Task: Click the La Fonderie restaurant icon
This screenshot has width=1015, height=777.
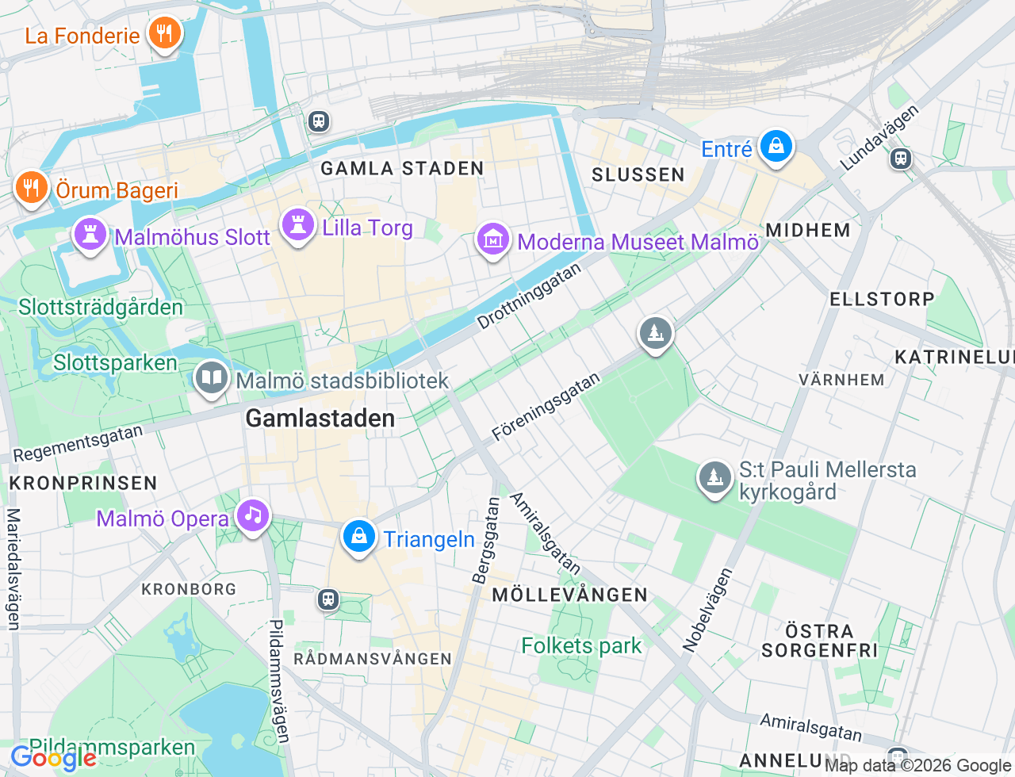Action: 164,33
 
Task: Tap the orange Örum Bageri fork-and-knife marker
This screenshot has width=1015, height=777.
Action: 31,188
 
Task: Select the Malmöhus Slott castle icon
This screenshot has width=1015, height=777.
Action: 90,235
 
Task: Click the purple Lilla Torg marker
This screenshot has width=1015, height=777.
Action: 298,225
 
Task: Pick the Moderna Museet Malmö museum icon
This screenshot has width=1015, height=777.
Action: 492,239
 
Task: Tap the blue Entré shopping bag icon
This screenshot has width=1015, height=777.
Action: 776,147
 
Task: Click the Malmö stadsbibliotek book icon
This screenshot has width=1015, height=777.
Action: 211,378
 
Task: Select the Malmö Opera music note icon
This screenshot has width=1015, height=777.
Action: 252,515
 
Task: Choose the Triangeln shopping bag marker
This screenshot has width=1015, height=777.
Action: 358,537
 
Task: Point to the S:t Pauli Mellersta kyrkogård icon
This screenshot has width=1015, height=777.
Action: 714,478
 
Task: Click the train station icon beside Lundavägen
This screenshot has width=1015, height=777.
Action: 900,159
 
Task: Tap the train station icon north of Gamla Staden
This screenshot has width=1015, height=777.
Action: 319,121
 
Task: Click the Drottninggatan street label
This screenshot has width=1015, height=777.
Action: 529,297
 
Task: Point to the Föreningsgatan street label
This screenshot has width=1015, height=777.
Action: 546,407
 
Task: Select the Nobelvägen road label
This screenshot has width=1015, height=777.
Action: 707,610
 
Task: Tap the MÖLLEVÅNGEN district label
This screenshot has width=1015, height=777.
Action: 569,595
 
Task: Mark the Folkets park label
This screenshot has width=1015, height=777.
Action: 581,646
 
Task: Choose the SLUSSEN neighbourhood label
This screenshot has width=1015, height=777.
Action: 638,174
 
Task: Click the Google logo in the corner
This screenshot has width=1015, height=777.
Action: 54,759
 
